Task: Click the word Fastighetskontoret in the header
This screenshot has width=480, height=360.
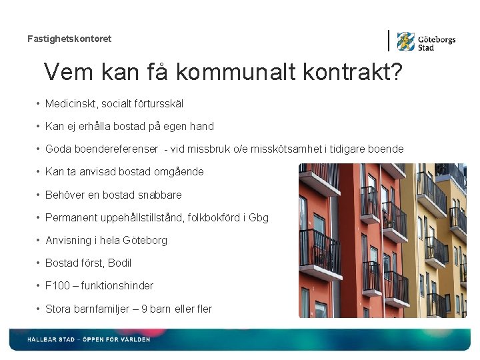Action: [x=69, y=39]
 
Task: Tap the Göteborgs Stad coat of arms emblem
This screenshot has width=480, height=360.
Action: [x=405, y=41]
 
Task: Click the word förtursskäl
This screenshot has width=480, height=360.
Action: [x=158, y=104]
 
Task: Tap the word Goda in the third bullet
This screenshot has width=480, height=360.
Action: [x=57, y=149]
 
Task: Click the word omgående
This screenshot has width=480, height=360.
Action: [x=178, y=172]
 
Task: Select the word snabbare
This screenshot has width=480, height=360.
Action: [x=157, y=195]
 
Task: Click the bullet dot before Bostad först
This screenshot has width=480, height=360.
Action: [x=38, y=263]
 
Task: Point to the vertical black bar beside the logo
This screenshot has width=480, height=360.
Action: [x=389, y=41]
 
